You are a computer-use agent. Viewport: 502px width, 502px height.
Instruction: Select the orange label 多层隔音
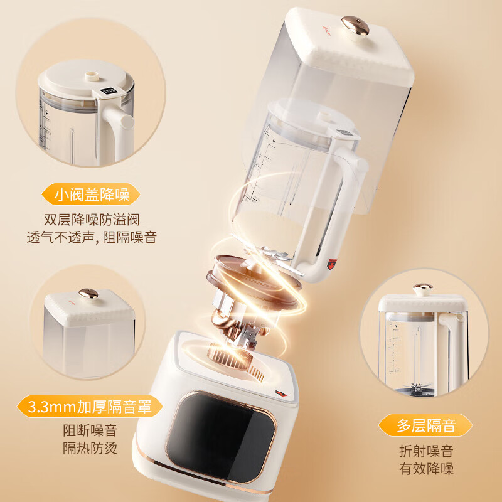425,425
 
